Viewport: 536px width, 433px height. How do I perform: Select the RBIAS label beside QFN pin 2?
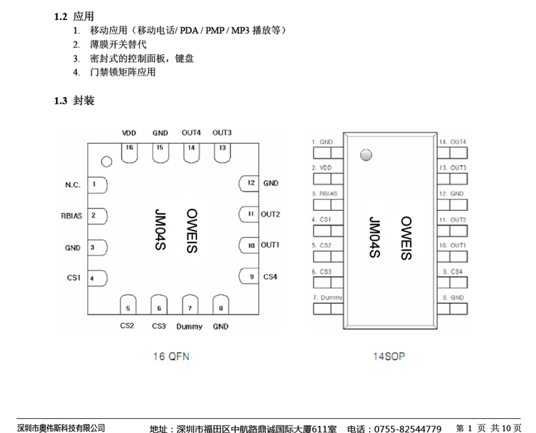point(71,215)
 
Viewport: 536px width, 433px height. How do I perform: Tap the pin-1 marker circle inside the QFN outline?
point(105,161)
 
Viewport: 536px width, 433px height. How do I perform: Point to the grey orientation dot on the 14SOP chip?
point(365,155)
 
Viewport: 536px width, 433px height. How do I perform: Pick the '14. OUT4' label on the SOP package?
point(452,142)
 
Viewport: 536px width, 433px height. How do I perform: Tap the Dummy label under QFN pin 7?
point(190,327)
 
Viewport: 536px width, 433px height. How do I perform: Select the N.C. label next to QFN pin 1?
point(72,184)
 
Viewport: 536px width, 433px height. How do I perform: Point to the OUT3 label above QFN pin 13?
point(222,133)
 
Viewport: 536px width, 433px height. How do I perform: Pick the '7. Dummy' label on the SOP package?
point(327,297)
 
